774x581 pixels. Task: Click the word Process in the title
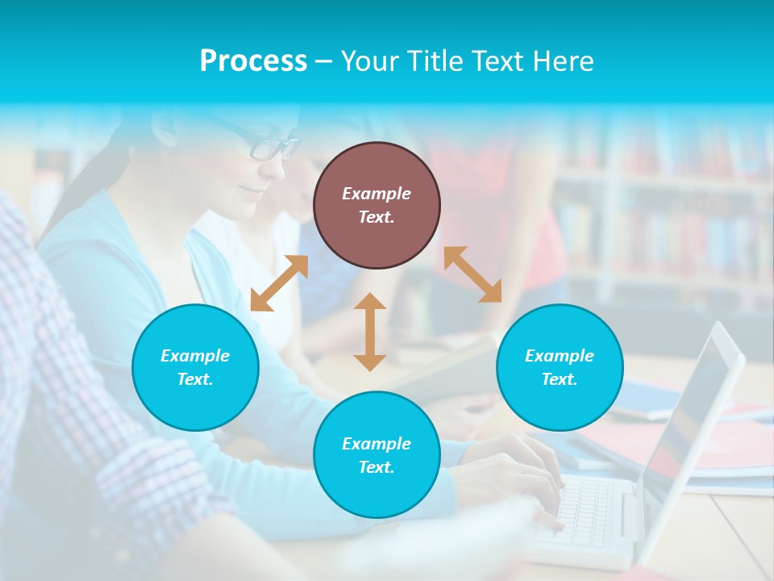(x=253, y=61)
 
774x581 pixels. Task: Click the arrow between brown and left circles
(x=279, y=283)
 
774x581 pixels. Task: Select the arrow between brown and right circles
(x=472, y=274)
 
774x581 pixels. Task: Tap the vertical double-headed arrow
(x=370, y=332)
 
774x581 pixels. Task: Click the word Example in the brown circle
(x=377, y=194)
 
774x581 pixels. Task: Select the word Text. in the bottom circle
(x=377, y=467)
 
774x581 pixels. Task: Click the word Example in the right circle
(x=560, y=356)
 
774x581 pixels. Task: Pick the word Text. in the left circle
(x=195, y=379)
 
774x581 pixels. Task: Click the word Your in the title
(x=371, y=61)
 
